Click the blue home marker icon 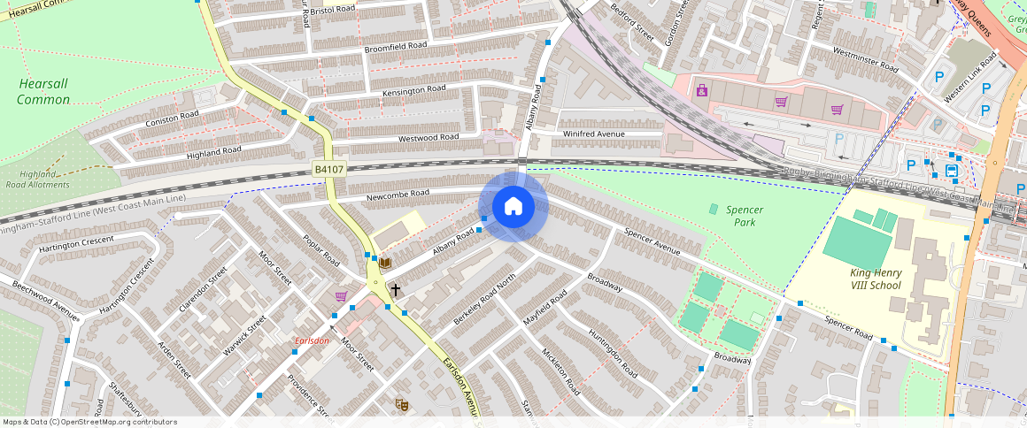click(513, 207)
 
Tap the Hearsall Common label click(43, 91)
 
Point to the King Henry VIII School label click(876, 279)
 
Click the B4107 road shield click(329, 168)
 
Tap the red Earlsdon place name click(312, 341)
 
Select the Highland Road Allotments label click(37, 180)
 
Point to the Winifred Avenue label click(594, 134)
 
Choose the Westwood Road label click(429, 138)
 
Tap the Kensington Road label click(413, 91)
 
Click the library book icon click(384, 263)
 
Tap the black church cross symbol click(395, 289)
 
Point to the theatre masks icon click(401, 404)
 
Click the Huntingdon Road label click(612, 354)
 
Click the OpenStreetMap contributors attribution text click(89, 422)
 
